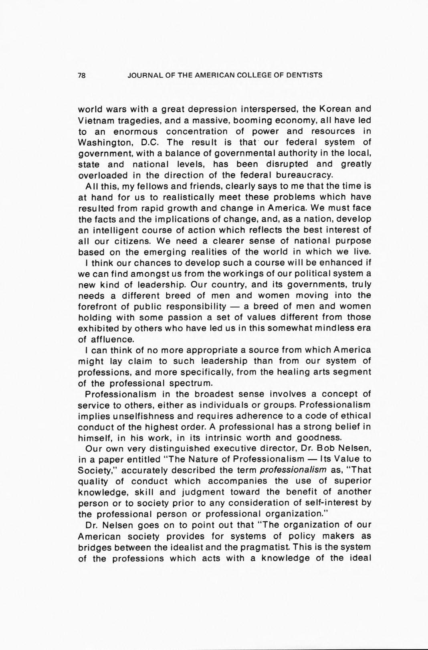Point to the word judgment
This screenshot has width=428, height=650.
point(198,492)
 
